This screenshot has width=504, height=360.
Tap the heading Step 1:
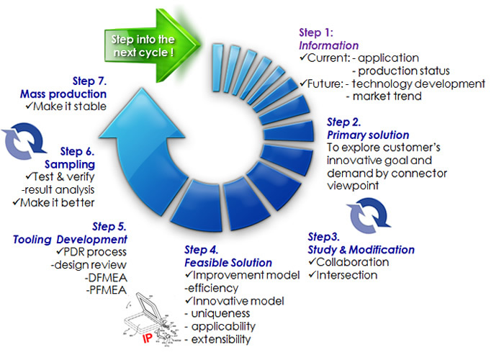(316, 32)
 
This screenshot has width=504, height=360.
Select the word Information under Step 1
(328, 45)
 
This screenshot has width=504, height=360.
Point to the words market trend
(387, 96)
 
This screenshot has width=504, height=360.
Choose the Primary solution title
(368, 135)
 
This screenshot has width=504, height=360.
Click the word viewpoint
(353, 186)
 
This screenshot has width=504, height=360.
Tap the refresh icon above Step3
(369, 215)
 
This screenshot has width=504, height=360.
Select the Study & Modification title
(361, 250)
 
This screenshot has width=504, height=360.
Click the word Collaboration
(353, 262)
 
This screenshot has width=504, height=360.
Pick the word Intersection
(347, 276)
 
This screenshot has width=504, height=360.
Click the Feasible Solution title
(228, 263)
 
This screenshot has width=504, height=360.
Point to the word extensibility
(221, 339)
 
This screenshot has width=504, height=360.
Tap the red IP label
(147, 338)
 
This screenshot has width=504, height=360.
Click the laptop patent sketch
(151, 319)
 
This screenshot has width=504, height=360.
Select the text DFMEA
(108, 278)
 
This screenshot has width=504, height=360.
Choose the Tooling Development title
(70, 240)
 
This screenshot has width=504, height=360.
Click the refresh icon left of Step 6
(24, 141)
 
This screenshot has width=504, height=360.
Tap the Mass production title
(63, 94)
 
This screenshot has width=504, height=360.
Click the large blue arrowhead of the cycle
(142, 114)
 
